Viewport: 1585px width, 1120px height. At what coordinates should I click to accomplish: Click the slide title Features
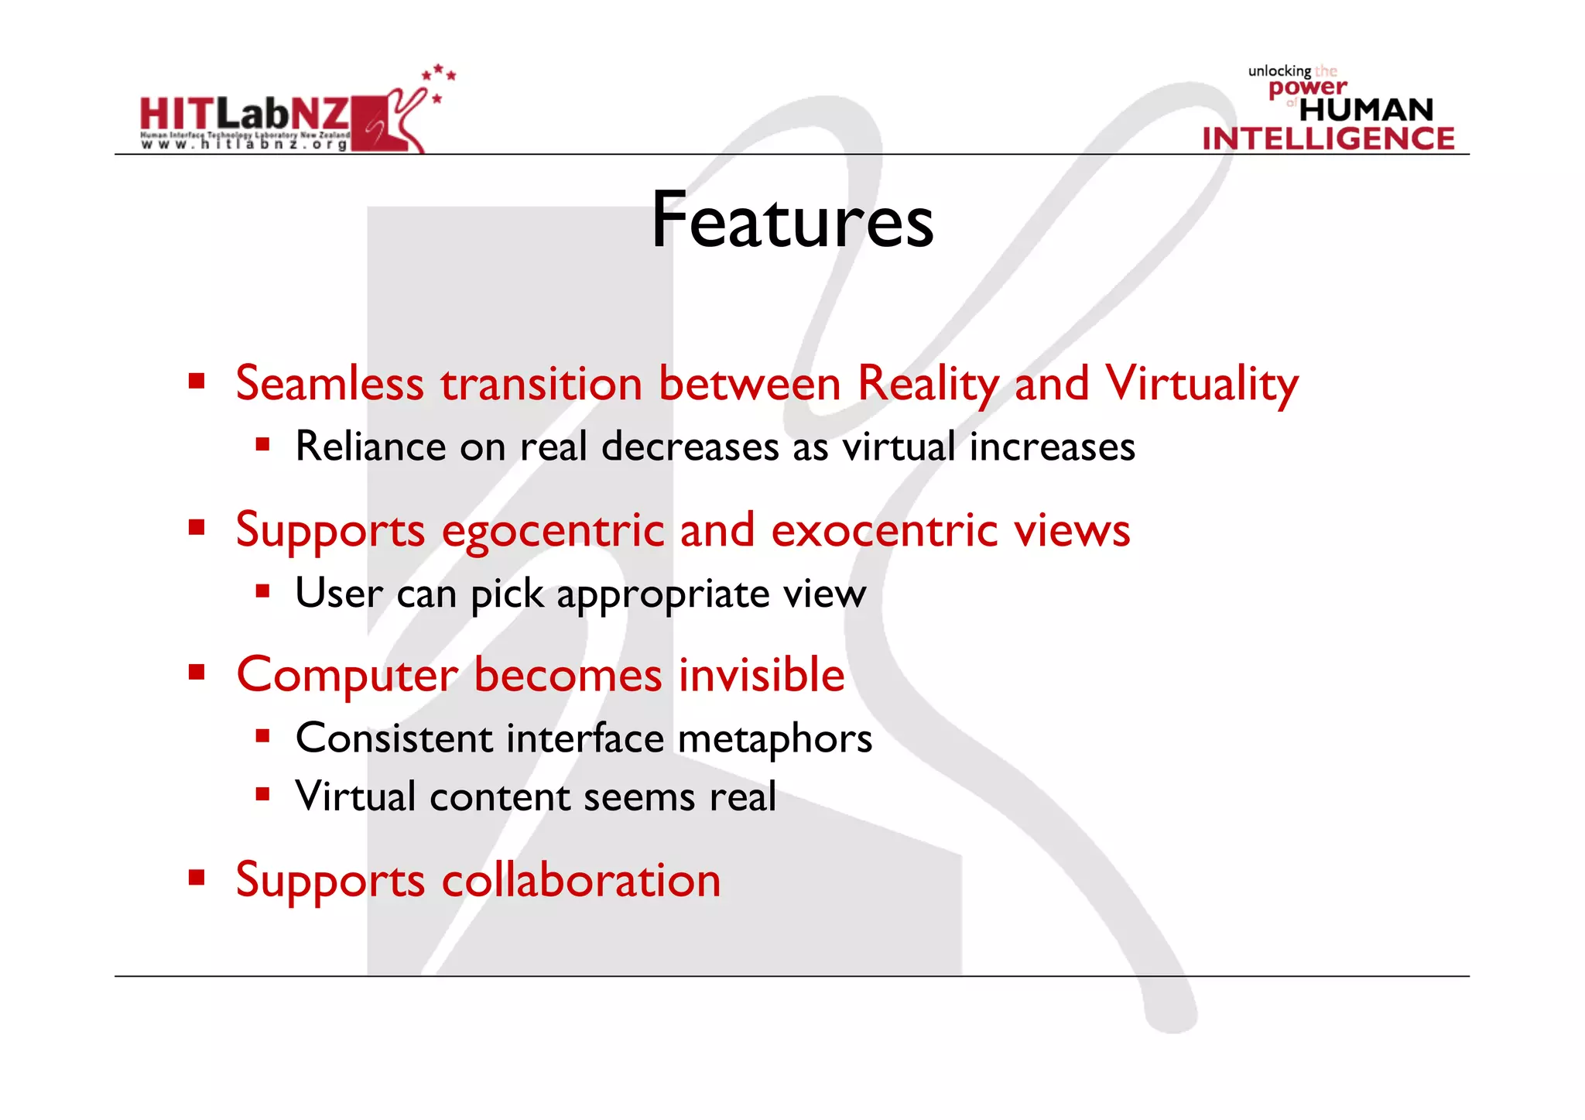coord(792,221)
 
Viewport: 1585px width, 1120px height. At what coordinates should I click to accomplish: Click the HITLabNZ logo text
coord(245,115)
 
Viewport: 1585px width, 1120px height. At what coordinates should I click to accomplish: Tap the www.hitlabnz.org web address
coord(245,144)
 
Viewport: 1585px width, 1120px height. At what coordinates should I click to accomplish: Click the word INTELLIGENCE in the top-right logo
coord(1328,139)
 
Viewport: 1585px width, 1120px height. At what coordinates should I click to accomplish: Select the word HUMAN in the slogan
coord(1366,110)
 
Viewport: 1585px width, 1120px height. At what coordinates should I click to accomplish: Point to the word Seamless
coord(330,384)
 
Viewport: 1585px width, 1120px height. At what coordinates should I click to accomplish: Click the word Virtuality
coord(1201,384)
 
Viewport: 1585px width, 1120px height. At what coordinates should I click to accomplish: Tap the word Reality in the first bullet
coord(929,384)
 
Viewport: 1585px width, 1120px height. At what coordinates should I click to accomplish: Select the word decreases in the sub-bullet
coord(690,447)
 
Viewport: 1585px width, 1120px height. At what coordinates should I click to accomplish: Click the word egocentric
coord(553,531)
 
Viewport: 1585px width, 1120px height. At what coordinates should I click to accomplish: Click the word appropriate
coord(663,594)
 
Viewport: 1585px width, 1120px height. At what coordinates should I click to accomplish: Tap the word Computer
coord(347,676)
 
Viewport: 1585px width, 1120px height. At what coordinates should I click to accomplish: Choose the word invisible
coord(762,675)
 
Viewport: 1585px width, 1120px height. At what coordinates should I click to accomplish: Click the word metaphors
coord(775,738)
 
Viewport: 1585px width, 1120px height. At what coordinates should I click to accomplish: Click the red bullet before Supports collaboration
coord(197,878)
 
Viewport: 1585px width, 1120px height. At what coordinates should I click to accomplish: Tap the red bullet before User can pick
coord(263,592)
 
